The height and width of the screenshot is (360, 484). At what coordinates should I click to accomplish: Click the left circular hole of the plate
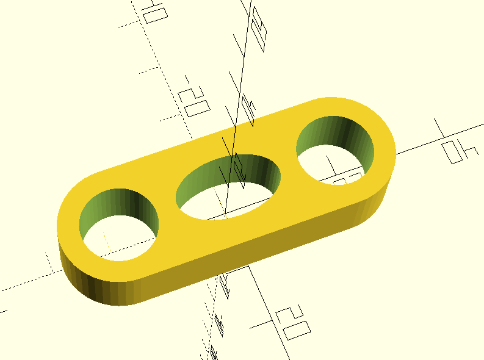pyautogui.click(x=120, y=225)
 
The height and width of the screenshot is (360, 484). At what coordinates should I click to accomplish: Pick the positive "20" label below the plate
pyautogui.click(x=291, y=323)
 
